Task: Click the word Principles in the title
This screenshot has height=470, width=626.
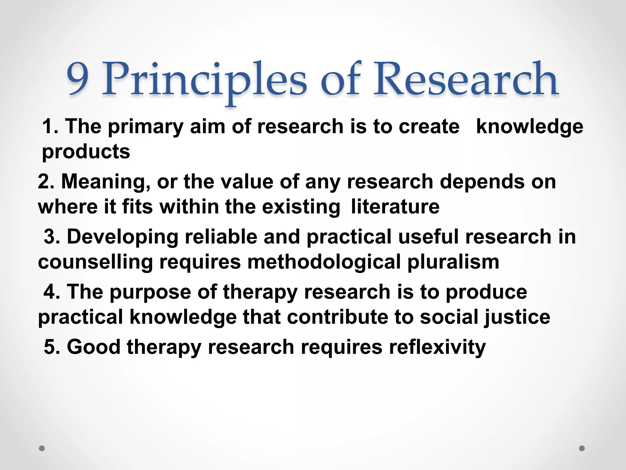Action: click(x=204, y=80)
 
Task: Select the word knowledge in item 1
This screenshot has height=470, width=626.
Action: click(x=530, y=127)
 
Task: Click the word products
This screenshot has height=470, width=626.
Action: click(x=86, y=152)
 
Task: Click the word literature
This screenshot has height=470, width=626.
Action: click(x=395, y=207)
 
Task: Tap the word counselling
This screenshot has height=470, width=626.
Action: click(x=95, y=262)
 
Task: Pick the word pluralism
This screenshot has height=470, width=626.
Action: click(x=453, y=262)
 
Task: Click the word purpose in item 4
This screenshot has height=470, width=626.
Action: click(x=150, y=293)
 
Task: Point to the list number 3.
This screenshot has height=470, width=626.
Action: click(x=51, y=237)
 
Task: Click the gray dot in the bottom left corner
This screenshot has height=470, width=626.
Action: click(x=42, y=448)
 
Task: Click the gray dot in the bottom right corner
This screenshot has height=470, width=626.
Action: click(x=582, y=448)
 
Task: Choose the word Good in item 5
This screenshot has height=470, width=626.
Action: click(x=94, y=347)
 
